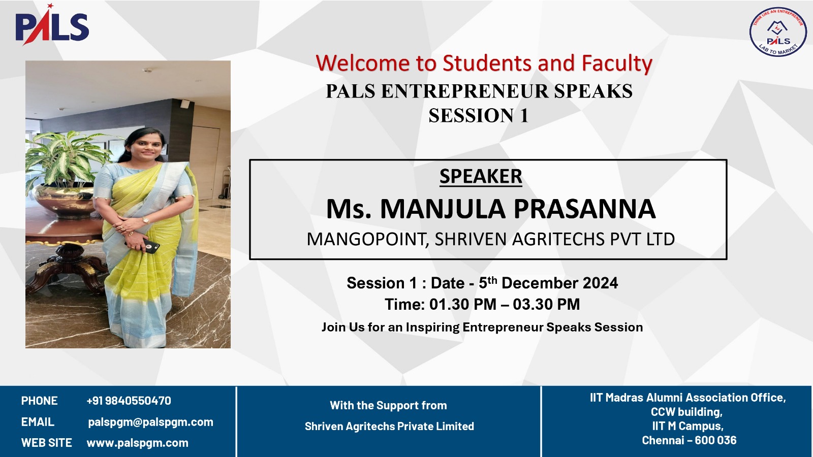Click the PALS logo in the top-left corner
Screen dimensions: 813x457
[52, 25]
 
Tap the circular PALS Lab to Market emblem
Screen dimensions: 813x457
[778, 32]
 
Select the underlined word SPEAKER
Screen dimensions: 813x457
[481, 176]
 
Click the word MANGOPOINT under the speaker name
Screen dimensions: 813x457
[366, 239]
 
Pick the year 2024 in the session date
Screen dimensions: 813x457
[600, 283]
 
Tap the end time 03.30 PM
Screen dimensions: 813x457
[546, 304]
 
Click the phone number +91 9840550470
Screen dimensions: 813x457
[129, 401]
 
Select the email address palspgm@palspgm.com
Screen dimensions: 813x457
[150, 422]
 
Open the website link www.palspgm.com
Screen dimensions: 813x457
[138, 443]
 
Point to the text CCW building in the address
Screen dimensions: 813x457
[686, 412]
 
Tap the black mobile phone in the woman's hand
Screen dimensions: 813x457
[150, 246]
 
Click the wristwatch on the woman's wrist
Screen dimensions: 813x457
[146, 220]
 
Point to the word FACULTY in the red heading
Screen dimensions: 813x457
[617, 64]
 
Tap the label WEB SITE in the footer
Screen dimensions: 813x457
[46, 443]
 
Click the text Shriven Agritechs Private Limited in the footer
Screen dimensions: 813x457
[389, 426]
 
